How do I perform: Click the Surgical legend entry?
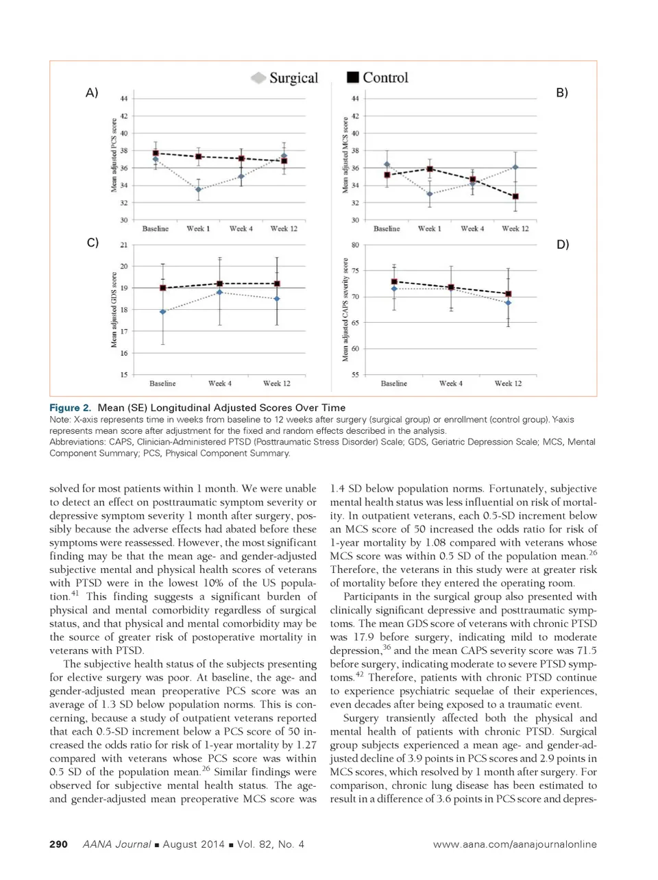tap(286, 78)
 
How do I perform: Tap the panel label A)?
tap(92, 93)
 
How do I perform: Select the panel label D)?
tap(562, 244)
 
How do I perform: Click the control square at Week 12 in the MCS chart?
tap(515, 196)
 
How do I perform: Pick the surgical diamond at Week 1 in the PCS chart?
tap(199, 190)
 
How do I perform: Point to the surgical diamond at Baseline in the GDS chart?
tap(162, 312)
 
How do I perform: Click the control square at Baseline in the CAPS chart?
tap(394, 282)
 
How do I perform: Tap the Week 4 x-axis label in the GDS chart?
tap(220, 384)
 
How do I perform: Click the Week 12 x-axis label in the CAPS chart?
tap(508, 384)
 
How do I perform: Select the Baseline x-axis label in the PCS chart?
tap(156, 229)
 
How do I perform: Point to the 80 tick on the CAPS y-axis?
tap(355, 245)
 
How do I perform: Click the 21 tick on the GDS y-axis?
tap(124, 245)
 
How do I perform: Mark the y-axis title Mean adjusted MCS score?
tap(345, 155)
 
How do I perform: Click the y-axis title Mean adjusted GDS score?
tap(114, 310)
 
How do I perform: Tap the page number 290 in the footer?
tap(58, 844)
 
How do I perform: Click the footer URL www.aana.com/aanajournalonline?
tap(515, 844)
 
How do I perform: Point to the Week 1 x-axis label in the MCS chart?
tap(430, 229)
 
